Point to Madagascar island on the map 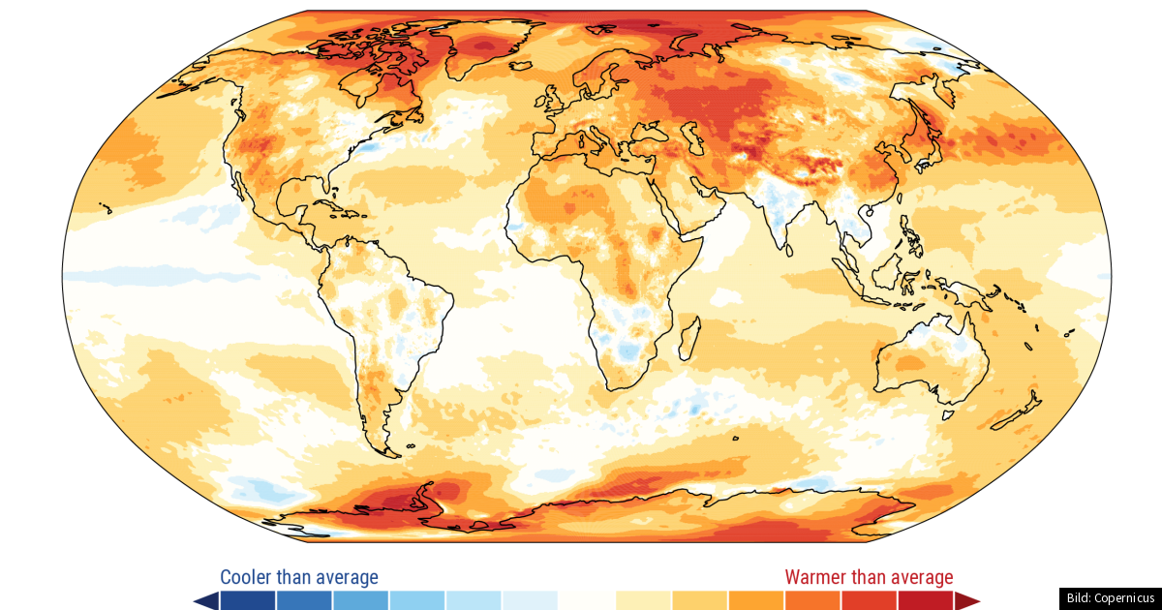pyautogui.click(x=689, y=338)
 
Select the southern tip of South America pyautogui.click(x=387, y=447)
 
